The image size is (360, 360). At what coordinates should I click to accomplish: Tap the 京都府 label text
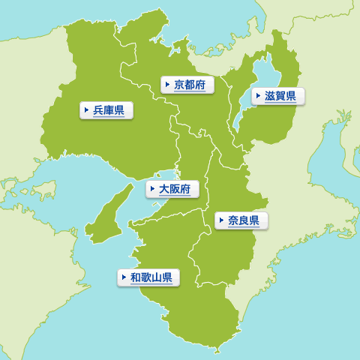(189, 85)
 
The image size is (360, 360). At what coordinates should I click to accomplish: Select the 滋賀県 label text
(280, 96)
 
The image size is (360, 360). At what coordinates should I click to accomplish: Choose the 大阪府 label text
(175, 189)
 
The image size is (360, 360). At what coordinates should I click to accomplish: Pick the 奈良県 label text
(244, 220)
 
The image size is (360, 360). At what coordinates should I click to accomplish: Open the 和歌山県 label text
(151, 277)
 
